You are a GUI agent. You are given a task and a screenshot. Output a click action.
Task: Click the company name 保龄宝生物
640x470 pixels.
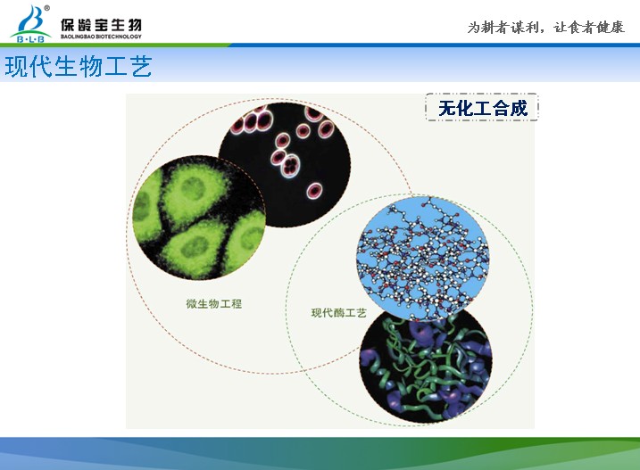(101, 25)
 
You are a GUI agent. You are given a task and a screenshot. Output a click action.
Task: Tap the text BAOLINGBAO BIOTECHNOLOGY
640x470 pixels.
(101, 37)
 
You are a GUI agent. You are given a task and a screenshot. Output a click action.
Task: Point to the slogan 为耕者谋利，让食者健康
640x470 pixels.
(545, 28)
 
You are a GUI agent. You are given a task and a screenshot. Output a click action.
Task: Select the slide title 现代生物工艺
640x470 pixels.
(79, 66)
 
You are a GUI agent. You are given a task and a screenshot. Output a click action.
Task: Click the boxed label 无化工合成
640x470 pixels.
(482, 107)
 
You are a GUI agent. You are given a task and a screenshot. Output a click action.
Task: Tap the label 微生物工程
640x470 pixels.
(214, 303)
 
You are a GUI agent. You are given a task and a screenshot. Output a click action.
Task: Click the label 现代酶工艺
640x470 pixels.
(339, 313)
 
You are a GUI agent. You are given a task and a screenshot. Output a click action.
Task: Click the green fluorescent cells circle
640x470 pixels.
(199, 218)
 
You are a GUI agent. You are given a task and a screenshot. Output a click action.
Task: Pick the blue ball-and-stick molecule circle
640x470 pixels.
(422, 259)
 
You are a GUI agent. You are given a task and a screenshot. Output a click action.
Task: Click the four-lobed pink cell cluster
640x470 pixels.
(291, 166)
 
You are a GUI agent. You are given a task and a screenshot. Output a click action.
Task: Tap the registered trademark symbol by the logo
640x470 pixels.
(47, 8)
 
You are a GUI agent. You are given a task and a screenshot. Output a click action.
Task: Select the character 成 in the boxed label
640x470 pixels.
(518, 108)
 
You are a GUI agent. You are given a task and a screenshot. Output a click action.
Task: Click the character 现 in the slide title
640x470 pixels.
(17, 67)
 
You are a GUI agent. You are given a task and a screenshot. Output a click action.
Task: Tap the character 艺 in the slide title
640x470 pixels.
(141, 67)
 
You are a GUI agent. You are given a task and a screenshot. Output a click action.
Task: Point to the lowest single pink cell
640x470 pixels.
(314, 191)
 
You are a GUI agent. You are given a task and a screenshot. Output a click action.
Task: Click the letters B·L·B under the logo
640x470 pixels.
(30, 39)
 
